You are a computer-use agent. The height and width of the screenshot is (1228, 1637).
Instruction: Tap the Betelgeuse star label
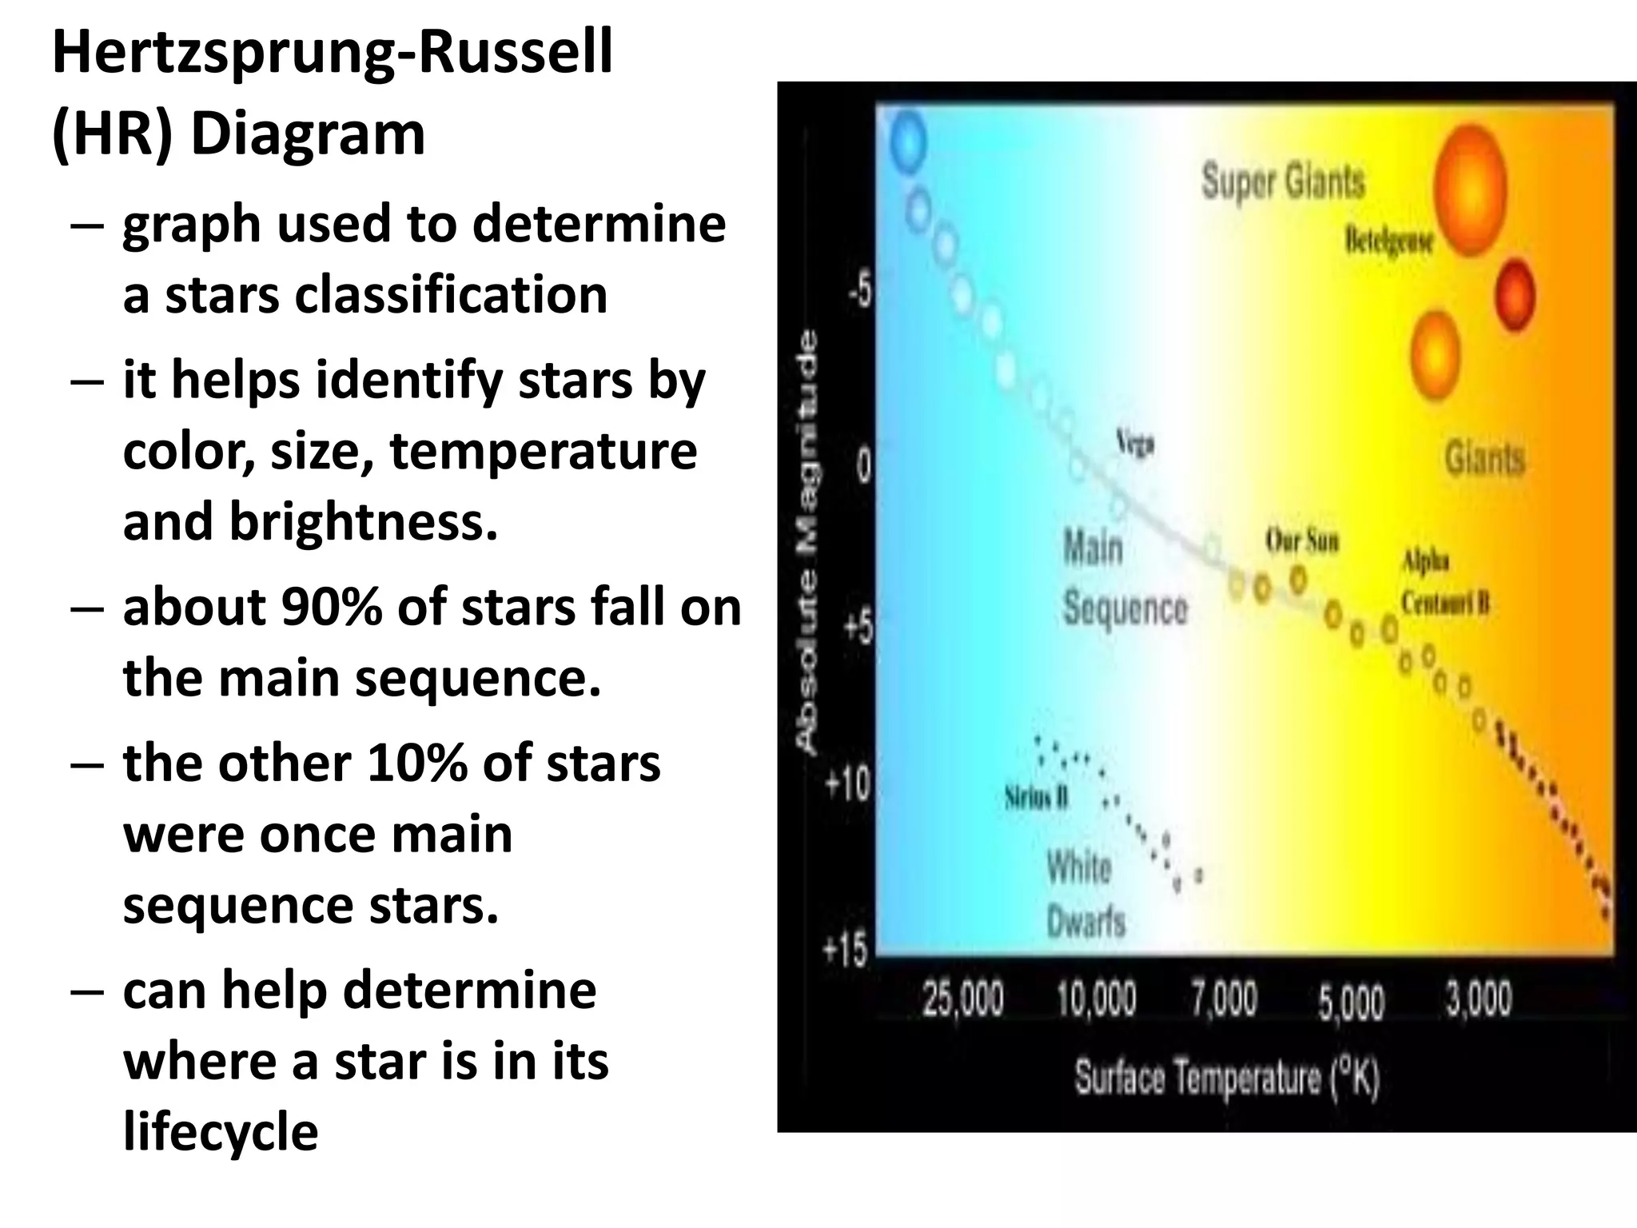point(1388,241)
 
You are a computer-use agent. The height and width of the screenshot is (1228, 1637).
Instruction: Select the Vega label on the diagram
point(1135,442)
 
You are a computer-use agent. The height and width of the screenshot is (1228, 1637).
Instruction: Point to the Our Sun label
point(1301,541)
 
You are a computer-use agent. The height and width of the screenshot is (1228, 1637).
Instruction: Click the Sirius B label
point(1037,797)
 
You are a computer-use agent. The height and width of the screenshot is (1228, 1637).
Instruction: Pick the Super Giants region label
point(1283,181)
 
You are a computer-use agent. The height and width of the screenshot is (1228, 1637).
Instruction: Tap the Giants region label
point(1484,459)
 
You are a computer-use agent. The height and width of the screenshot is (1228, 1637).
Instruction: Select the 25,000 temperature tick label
point(962,999)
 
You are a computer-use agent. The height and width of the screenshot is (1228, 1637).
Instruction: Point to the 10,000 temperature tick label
point(1096,999)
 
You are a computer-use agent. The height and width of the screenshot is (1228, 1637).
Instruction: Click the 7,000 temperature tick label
point(1225,999)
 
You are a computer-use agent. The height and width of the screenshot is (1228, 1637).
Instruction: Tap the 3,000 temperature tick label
point(1479,999)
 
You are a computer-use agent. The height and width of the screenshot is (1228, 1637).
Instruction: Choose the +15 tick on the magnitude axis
point(846,951)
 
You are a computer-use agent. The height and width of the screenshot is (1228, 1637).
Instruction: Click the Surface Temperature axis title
point(1227,1078)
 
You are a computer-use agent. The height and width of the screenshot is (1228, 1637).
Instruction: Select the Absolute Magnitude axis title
point(808,542)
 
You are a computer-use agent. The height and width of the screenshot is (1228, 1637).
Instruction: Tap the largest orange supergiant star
point(1469,189)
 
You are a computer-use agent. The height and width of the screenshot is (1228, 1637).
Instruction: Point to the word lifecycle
point(221,1132)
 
